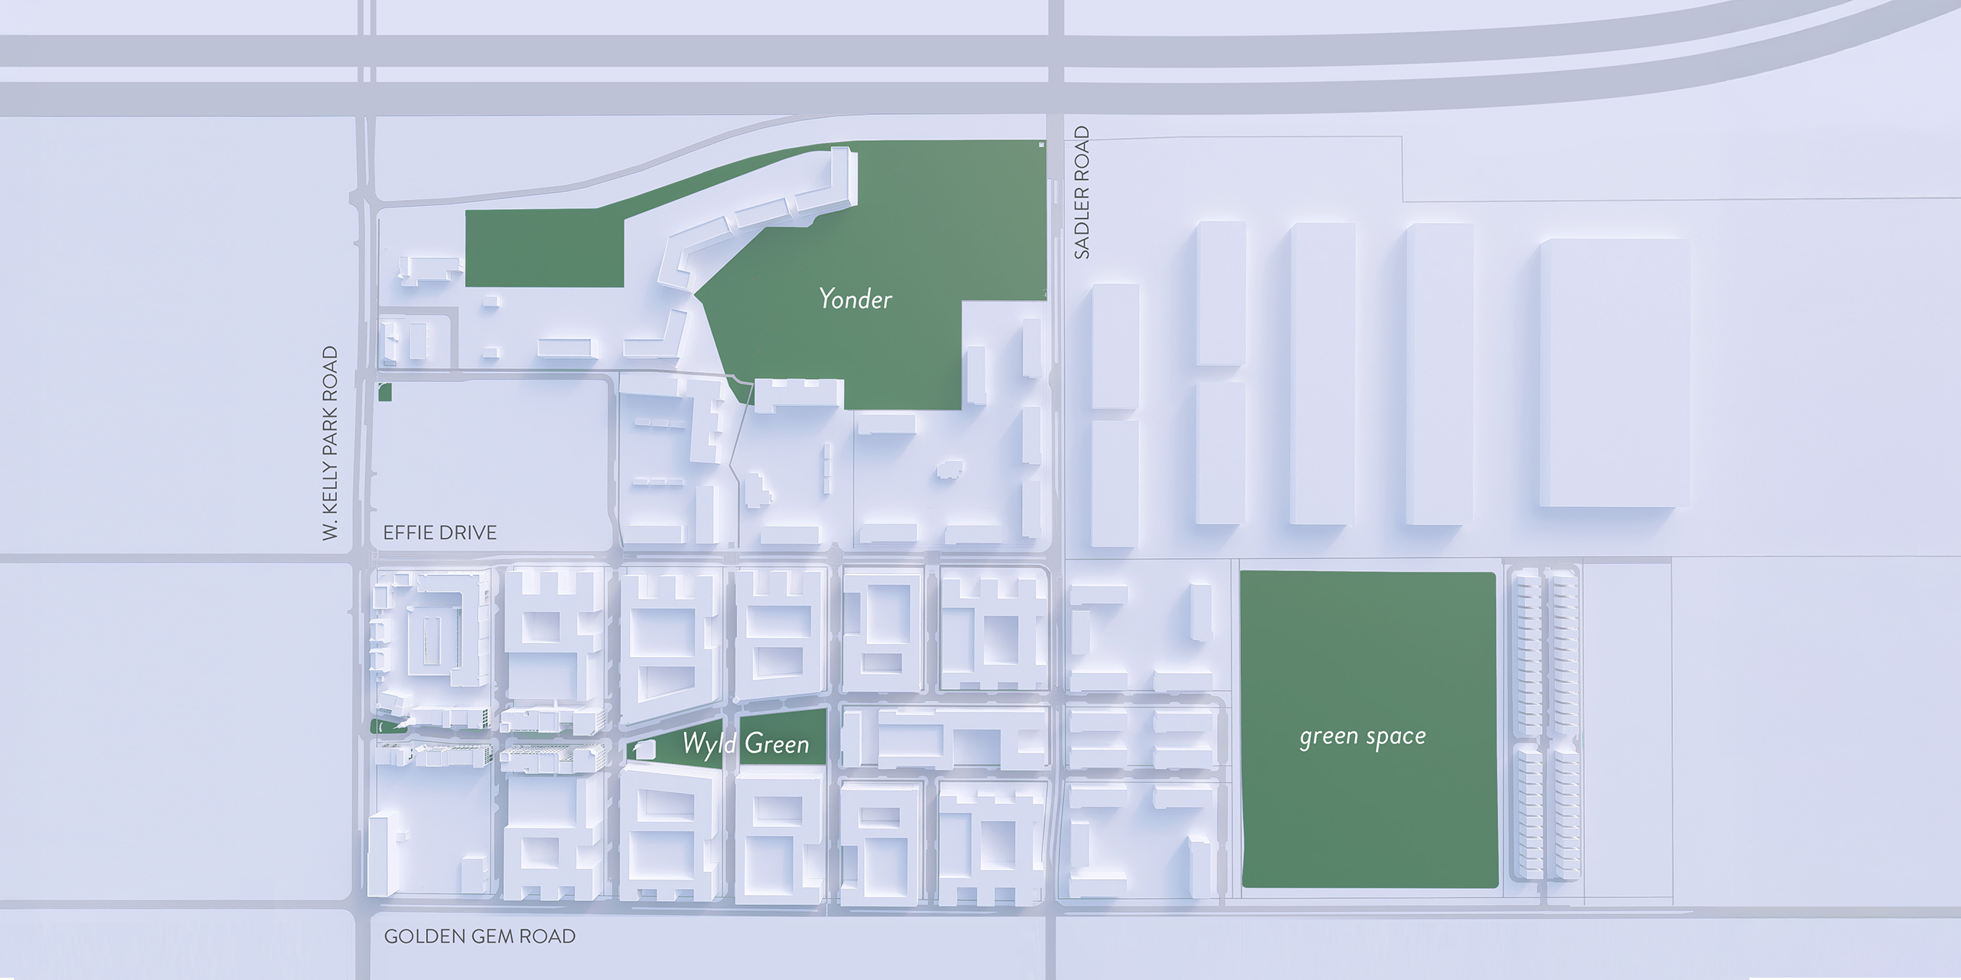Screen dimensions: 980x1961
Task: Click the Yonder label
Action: [x=856, y=299]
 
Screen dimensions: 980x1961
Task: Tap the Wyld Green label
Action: [x=745, y=743]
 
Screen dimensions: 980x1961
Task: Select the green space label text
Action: [x=1363, y=737]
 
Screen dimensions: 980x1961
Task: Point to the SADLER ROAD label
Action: [x=1082, y=192]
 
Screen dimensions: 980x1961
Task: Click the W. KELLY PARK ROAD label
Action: [x=330, y=443]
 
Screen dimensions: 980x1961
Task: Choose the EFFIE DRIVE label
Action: [x=440, y=533]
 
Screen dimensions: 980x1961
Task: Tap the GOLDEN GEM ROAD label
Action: [x=480, y=936]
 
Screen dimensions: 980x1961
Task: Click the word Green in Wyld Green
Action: [x=777, y=743]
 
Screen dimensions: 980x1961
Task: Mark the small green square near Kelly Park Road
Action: [x=385, y=392]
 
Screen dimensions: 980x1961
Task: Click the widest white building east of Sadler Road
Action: [x=1614, y=373]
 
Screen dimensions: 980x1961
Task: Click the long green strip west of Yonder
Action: [x=544, y=249]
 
